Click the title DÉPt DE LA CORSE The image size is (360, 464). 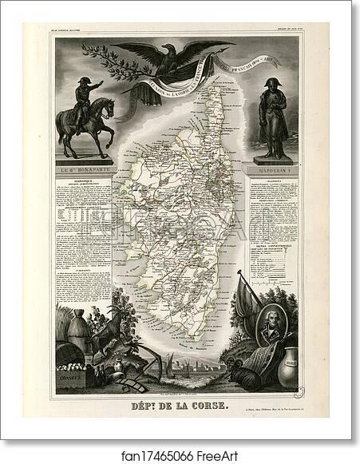point(179,405)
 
